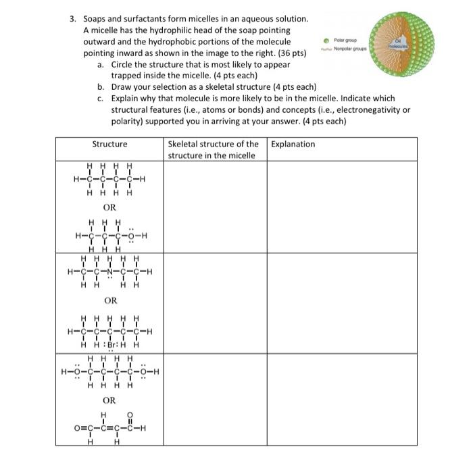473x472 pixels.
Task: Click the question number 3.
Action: tap(72, 19)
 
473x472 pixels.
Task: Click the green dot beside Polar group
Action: tap(327, 40)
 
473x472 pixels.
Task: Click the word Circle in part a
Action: tap(124, 64)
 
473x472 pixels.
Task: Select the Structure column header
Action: tap(109, 144)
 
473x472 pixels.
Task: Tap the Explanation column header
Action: tap(292, 144)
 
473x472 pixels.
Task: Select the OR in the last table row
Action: tap(109, 400)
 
